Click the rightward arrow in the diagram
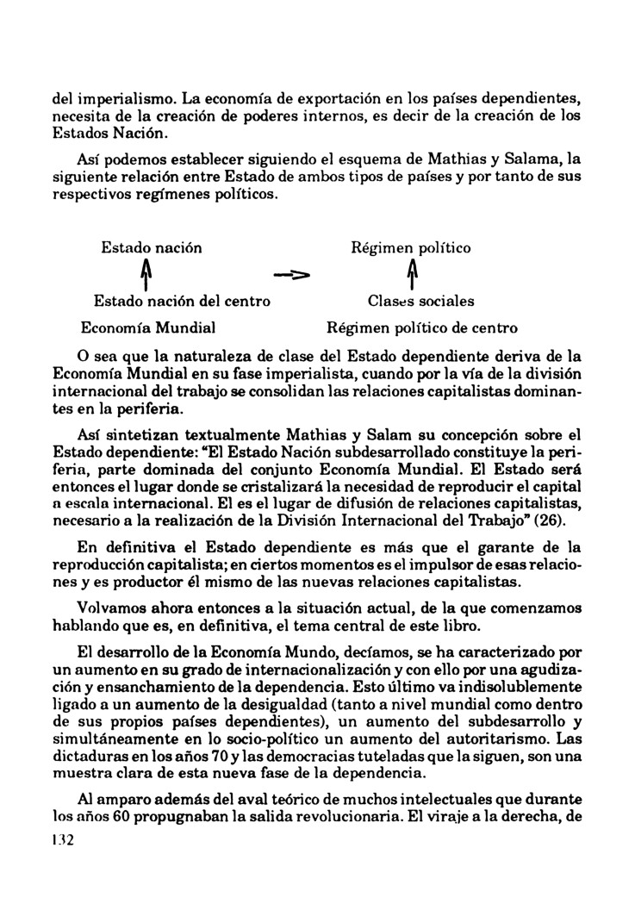(x=291, y=276)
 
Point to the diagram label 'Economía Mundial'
(x=147, y=328)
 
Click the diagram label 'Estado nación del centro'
(x=182, y=302)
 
